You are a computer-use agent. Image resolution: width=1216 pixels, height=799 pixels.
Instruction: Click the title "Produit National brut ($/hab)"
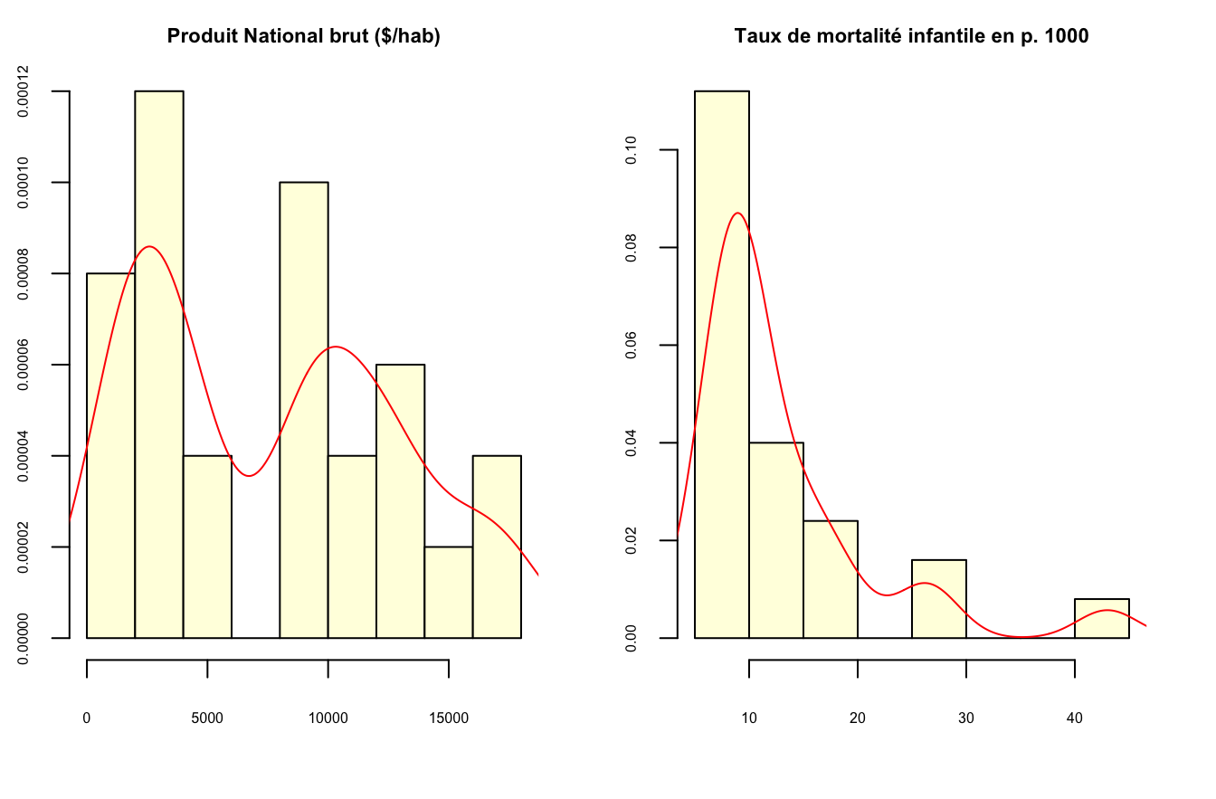(x=303, y=37)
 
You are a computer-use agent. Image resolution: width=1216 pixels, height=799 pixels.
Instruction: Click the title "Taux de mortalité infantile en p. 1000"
(x=911, y=37)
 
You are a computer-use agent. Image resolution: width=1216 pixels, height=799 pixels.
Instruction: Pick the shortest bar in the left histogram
(x=449, y=592)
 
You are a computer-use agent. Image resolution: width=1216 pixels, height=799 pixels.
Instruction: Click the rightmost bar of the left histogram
(x=497, y=547)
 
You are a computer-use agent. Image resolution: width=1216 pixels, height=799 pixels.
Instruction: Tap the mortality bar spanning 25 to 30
(x=939, y=599)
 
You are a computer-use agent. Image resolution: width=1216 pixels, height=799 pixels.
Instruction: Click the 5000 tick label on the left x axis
(x=207, y=718)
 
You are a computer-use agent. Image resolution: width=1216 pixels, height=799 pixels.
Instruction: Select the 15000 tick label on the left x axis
(x=449, y=718)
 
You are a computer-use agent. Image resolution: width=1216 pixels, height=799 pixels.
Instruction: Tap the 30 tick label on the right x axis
(x=966, y=718)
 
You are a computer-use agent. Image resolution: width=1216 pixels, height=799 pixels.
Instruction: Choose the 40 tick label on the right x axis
(x=1074, y=718)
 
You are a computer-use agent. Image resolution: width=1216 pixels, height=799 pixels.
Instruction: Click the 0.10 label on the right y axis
(x=633, y=150)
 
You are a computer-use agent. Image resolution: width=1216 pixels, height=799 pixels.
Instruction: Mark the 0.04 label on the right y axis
(x=633, y=442)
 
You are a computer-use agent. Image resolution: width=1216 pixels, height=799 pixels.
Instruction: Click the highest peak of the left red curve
(x=149, y=246)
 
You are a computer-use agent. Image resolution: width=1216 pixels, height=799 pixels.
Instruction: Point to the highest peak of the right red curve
(x=738, y=213)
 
